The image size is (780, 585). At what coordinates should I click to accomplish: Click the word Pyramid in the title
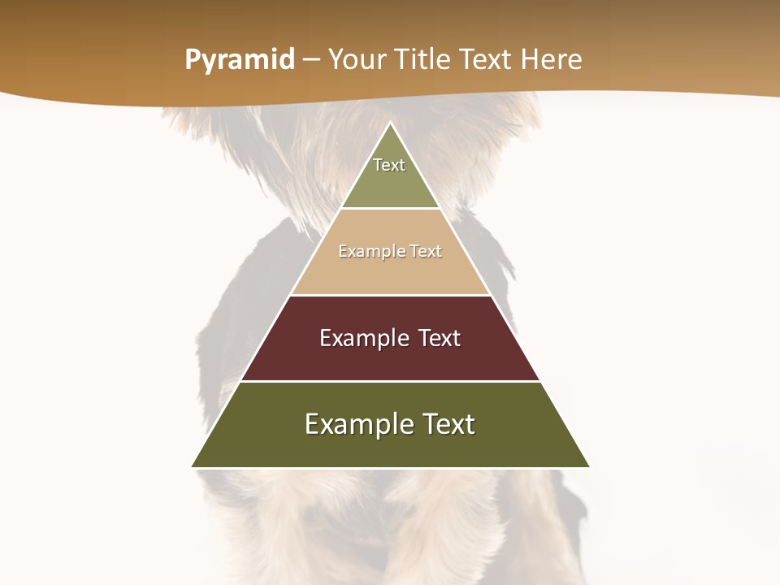coord(240,60)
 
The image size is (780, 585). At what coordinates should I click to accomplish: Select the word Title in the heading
coord(424,60)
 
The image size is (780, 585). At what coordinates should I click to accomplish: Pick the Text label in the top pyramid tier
coord(389,165)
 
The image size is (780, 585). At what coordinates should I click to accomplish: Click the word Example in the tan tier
coord(368,252)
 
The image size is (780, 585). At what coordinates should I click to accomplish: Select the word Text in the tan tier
coord(426,252)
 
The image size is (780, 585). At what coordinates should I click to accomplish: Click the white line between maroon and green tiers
coord(391,381)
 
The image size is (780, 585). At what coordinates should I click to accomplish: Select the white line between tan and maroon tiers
coord(391,295)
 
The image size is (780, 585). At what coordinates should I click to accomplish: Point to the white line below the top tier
coord(391,209)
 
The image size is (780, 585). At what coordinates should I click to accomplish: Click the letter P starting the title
coord(192,60)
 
